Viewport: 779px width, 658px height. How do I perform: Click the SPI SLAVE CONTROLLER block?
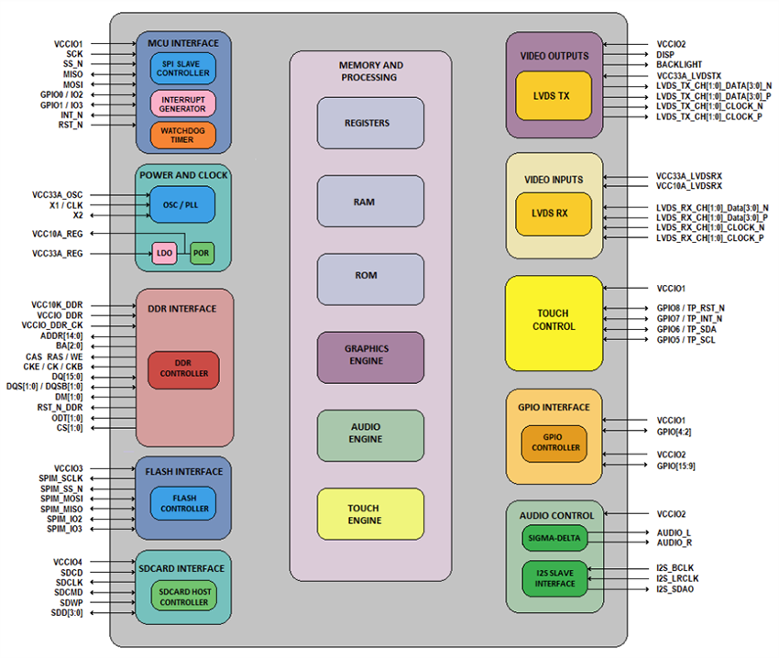(x=183, y=68)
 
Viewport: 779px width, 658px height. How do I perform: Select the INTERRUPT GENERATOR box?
(x=183, y=104)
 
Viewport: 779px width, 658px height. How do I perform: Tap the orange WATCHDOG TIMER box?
(x=183, y=135)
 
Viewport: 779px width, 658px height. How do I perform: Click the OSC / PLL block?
(x=183, y=204)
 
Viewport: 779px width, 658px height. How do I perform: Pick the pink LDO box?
(x=164, y=253)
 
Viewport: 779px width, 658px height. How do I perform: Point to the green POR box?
(x=203, y=253)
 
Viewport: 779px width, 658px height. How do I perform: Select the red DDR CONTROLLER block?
(x=183, y=368)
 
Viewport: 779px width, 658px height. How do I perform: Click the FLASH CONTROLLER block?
(x=183, y=502)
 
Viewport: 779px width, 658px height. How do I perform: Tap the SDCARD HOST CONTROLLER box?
(x=183, y=597)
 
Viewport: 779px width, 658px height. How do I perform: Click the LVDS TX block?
(x=554, y=95)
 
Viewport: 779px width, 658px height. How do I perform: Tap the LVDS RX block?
(x=554, y=213)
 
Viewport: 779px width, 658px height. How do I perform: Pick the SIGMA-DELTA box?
(x=554, y=538)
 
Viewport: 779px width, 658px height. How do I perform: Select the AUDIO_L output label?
(x=675, y=532)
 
